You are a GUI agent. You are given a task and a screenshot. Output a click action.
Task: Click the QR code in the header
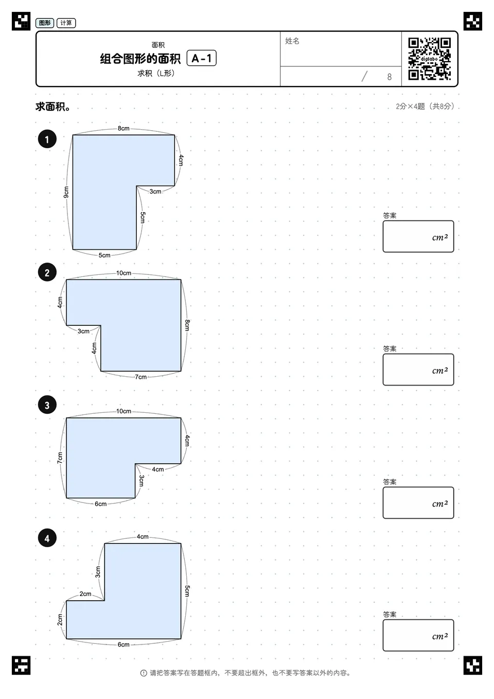click(x=430, y=59)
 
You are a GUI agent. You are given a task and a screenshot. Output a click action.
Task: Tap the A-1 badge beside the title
click(x=202, y=58)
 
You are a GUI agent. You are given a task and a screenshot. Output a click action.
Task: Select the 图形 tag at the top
click(x=45, y=23)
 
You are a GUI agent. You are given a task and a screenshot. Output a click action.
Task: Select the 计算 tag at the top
click(x=66, y=23)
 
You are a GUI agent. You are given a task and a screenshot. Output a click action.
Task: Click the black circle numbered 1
click(x=47, y=139)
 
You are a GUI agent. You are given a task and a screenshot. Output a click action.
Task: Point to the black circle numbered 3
click(x=47, y=405)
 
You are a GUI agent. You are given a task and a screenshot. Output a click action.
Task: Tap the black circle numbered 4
click(x=47, y=538)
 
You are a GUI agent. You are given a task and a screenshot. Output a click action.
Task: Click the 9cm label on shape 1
click(x=66, y=192)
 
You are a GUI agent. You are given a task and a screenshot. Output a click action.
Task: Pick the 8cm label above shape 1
click(x=123, y=128)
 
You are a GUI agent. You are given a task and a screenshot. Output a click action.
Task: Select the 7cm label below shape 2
click(x=140, y=377)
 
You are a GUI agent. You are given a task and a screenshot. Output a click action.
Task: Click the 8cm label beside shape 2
click(x=187, y=325)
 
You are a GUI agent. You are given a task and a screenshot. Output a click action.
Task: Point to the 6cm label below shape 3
click(x=101, y=503)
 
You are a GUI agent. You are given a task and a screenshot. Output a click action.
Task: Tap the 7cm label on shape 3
click(x=60, y=458)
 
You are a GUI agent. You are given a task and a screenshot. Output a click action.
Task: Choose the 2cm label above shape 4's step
click(x=85, y=593)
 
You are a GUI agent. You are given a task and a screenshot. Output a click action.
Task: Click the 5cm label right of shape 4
click(x=187, y=591)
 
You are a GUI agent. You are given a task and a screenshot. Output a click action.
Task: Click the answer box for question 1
click(x=418, y=236)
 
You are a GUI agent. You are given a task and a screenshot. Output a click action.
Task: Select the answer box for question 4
click(x=418, y=635)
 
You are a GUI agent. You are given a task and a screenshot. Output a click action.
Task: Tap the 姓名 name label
click(x=292, y=41)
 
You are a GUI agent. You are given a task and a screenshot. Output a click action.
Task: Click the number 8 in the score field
click(x=390, y=77)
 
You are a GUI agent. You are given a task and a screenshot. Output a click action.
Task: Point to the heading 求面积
click(x=52, y=107)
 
